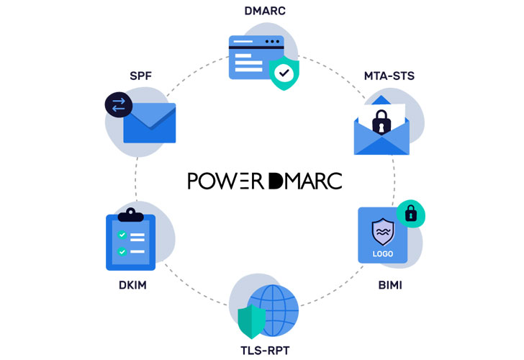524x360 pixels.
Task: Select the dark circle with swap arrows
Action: (x=119, y=105)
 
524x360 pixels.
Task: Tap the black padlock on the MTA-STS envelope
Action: (x=381, y=120)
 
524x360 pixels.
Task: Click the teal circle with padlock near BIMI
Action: (x=411, y=213)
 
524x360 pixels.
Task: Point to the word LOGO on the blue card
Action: (x=383, y=253)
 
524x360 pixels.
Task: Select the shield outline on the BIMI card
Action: (x=383, y=232)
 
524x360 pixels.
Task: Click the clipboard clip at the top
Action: (x=130, y=215)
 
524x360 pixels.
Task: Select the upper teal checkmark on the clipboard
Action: (x=122, y=235)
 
